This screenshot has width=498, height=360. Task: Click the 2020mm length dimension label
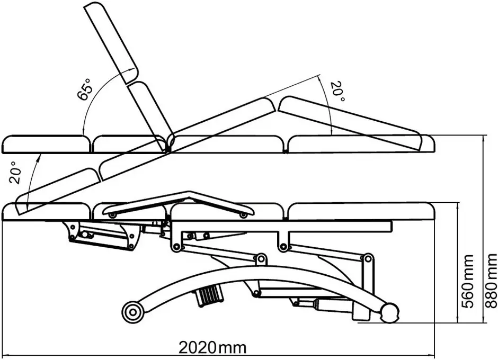pos(212,347)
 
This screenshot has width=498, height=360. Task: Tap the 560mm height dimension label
pos(467,281)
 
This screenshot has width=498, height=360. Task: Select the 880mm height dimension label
pos(491,281)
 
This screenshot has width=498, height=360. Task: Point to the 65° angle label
pos(85,89)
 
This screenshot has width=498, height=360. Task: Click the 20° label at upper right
pos(337,92)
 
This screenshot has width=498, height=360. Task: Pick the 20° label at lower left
pos(15,173)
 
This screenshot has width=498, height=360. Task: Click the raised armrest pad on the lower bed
pos(180,203)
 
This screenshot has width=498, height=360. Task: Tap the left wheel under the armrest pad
pos(112,215)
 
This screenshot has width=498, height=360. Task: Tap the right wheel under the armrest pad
pos(244,215)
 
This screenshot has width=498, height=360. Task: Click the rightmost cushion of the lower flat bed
pos(361,211)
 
